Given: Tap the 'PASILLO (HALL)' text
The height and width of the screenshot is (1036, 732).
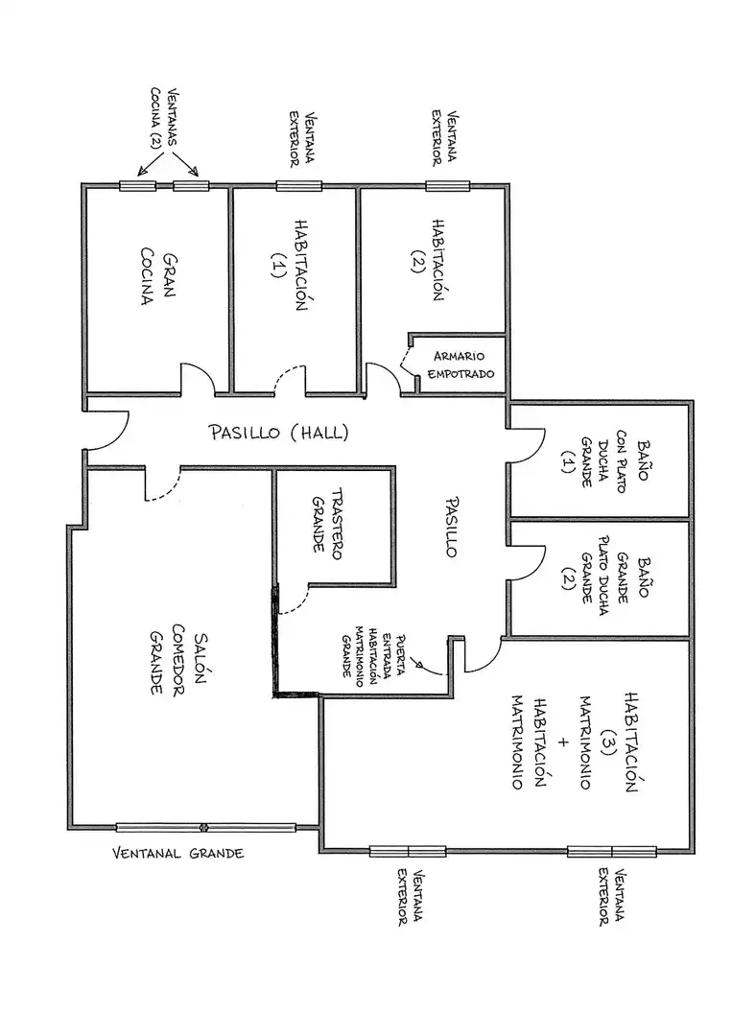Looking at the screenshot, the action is pos(279,432).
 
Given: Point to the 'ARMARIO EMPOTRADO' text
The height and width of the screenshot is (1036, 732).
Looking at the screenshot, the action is pos(460,365).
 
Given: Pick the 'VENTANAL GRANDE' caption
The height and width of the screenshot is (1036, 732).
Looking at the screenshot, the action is pos(177,853).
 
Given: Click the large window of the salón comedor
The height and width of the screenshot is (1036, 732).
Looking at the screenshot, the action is pos(206,827).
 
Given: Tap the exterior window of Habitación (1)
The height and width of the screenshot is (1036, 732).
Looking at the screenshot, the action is pos(298,186).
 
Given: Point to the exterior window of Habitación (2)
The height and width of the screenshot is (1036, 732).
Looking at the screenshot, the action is pos(447,186).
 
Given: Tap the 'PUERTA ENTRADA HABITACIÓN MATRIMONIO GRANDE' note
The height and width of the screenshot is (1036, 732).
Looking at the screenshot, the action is pos(374,654).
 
